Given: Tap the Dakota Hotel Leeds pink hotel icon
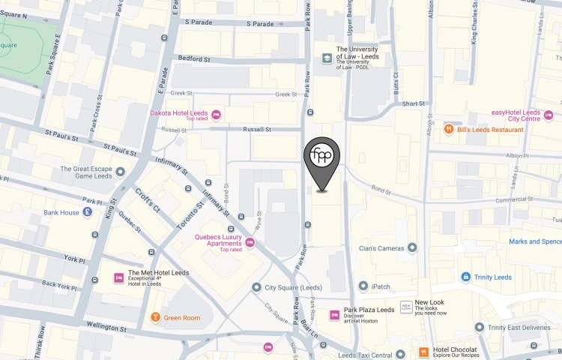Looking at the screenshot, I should pyautogui.click(x=216, y=115).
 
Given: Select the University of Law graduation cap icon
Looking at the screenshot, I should pyautogui.click(x=327, y=58).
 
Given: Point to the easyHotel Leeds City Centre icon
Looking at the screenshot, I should pyautogui.click(x=549, y=115).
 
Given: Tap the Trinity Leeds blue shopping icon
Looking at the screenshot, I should pyautogui.click(x=466, y=277).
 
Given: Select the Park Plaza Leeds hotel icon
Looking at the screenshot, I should pyautogui.click(x=334, y=314).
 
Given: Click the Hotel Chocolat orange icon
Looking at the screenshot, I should pyautogui.click(x=423, y=352).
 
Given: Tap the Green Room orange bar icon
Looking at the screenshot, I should pyautogui.click(x=155, y=317).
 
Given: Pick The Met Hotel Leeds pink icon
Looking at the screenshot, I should pyautogui.click(x=118, y=277).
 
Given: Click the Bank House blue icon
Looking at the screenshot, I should pyautogui.click(x=88, y=212).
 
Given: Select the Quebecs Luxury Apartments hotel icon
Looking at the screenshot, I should pyautogui.click(x=250, y=242).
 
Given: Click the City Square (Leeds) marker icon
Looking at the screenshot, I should pyautogui.click(x=256, y=286).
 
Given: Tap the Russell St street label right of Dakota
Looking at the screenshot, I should pyautogui.click(x=257, y=129).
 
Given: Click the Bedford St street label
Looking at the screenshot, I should pyautogui.click(x=193, y=59).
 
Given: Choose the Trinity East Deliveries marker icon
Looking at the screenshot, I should pyautogui.click(x=479, y=327).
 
